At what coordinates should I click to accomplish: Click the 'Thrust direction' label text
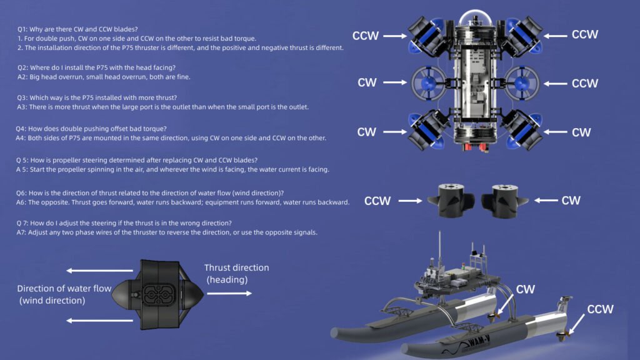click(x=236, y=267)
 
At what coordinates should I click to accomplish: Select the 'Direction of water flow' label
click(x=64, y=289)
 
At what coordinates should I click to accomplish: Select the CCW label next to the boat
click(x=599, y=309)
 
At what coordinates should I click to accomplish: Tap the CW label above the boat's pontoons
click(x=525, y=289)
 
